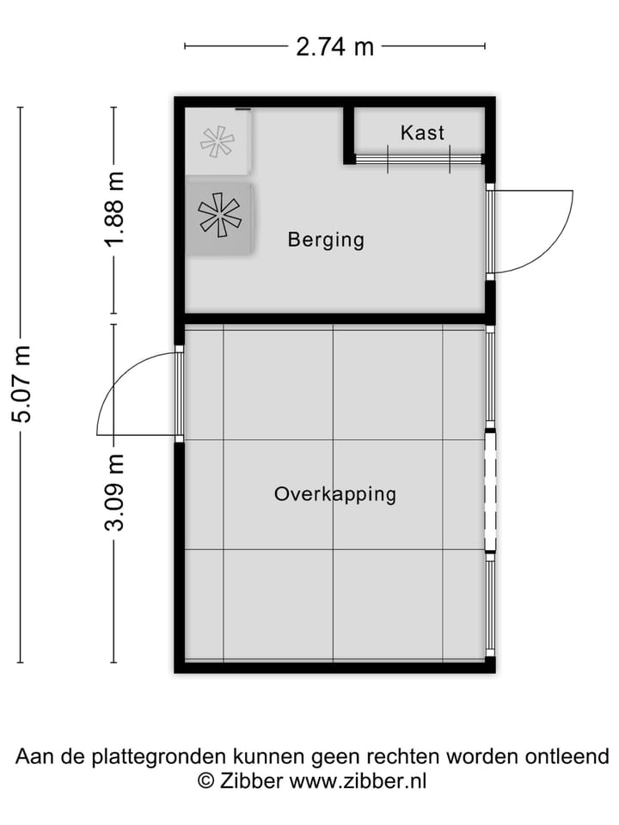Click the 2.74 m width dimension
pyautogui.click(x=334, y=46)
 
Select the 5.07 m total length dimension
pyautogui.click(x=21, y=383)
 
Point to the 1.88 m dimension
pyautogui.click(x=114, y=209)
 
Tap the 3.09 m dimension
pyautogui.click(x=114, y=492)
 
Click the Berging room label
pyautogui.click(x=326, y=240)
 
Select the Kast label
pyautogui.click(x=422, y=132)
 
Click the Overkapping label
pyautogui.click(x=334, y=494)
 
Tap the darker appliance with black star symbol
pyautogui.click(x=219, y=216)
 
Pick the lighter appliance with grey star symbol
pyautogui.click(x=217, y=141)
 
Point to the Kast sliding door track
pyautogui.click(x=419, y=159)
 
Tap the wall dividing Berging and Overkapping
pyautogui.click(x=334, y=319)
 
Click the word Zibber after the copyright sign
pyautogui.click(x=250, y=781)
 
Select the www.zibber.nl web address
pyautogui.click(x=358, y=781)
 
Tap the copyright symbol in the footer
pyautogui.click(x=205, y=781)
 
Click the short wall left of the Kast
pyautogui.click(x=349, y=133)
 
